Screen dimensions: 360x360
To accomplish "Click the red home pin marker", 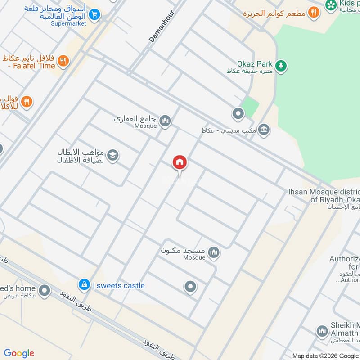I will pyautogui.click(x=180, y=162).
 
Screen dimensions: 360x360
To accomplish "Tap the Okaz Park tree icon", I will pyautogui.click(x=281, y=66).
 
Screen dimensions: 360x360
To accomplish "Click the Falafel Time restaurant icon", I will pyautogui.click(x=63, y=61).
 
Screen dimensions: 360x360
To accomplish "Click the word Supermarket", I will pyautogui.click(x=68, y=23).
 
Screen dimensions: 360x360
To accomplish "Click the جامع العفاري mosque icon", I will pyautogui.click(x=165, y=120).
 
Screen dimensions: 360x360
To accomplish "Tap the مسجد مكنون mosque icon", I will pyautogui.click(x=214, y=252).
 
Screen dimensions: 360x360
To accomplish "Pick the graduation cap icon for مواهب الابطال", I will pyautogui.click(x=113, y=155).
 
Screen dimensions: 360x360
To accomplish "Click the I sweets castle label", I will pyautogui.click(x=119, y=285).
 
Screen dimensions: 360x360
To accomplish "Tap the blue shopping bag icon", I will pyautogui.click(x=83, y=284).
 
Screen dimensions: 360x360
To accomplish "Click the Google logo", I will pyautogui.click(x=19, y=353).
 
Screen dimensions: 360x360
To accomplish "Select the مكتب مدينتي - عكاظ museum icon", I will pyautogui.click(x=264, y=130).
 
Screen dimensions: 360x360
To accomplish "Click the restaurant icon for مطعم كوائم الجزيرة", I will pyautogui.click(x=314, y=13).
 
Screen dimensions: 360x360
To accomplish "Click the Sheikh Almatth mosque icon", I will pyautogui.click(x=321, y=332).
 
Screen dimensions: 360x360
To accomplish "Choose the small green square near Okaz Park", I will pyautogui.click(x=251, y=106).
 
